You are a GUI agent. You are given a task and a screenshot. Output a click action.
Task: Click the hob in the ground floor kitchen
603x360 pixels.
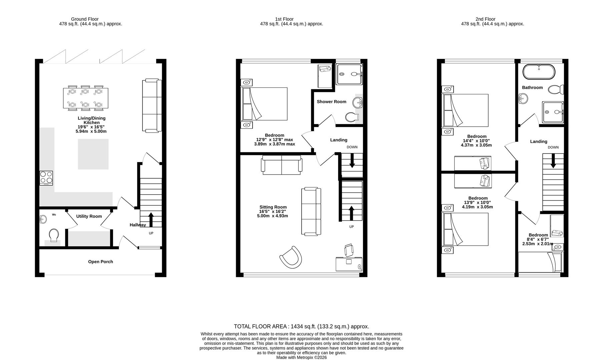pos(46,178)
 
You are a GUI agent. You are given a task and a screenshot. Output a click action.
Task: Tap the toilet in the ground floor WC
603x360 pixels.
pos(53,235)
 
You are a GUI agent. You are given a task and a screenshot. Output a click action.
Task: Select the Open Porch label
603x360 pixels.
pos(100,262)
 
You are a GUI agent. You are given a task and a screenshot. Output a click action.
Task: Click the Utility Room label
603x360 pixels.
pos(89,216)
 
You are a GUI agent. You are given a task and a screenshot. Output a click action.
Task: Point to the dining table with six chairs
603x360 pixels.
pos(85,98)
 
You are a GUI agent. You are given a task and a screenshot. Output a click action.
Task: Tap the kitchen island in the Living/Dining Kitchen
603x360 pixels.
pos(93,154)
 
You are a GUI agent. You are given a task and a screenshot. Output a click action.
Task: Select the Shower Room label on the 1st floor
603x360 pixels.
pos(332,102)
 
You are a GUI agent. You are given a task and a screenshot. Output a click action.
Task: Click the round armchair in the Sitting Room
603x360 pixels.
pos(291,256)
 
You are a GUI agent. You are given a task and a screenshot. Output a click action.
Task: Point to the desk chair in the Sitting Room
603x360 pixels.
pos(349,250)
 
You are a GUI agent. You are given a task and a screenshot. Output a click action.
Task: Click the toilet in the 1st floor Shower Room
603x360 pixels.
pos(352,117)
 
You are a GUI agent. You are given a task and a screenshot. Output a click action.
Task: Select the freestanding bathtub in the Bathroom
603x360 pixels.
pos(539,72)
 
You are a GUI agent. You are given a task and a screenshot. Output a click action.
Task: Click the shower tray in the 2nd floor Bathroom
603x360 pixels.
pos(553,112)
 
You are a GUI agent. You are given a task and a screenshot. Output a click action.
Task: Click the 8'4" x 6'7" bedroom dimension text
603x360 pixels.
pos(538,239)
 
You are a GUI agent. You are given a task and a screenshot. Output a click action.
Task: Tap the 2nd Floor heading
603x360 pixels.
pos(485,19)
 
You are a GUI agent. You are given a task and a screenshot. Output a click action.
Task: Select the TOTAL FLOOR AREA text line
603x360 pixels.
pos(301,326)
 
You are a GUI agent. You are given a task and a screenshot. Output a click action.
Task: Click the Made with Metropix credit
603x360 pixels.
pos(301,357)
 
